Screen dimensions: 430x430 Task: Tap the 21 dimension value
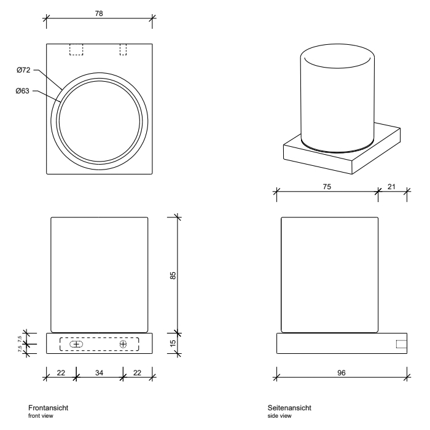point(391,187)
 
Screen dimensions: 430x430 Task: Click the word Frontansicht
point(52,408)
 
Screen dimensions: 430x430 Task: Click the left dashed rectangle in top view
point(76,49)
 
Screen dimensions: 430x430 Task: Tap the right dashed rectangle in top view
point(123,49)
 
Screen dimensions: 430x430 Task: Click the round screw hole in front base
point(123,344)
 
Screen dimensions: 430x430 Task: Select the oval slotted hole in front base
point(77,344)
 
